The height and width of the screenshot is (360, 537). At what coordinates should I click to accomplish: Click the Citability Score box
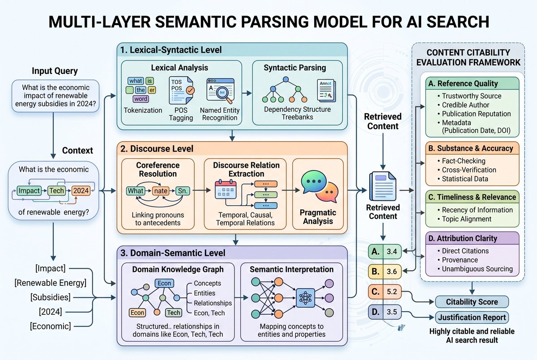click(x=472, y=302)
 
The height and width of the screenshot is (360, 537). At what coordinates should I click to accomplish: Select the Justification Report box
click(x=472, y=318)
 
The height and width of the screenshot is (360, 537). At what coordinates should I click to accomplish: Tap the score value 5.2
click(x=392, y=292)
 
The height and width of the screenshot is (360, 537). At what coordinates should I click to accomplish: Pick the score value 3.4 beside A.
click(x=392, y=251)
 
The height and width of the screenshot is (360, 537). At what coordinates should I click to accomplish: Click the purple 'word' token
click(x=141, y=99)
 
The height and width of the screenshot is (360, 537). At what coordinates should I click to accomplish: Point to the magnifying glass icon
click(x=224, y=94)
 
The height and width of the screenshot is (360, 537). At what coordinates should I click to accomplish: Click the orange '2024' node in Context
click(x=81, y=191)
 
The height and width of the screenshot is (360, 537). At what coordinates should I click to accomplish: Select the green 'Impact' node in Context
click(x=29, y=191)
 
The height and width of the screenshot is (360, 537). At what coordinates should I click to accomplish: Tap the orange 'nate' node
click(x=161, y=191)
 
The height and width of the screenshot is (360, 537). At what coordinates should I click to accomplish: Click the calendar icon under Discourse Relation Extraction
click(x=226, y=190)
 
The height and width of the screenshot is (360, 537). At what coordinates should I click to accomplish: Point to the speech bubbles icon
click(x=320, y=186)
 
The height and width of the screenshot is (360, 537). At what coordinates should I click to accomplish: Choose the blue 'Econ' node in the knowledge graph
click(x=164, y=283)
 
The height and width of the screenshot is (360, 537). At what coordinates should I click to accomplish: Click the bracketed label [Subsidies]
click(x=50, y=297)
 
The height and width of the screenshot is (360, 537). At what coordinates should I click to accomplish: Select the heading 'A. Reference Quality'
click(x=463, y=83)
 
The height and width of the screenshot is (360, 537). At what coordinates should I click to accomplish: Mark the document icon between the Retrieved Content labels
click(x=383, y=186)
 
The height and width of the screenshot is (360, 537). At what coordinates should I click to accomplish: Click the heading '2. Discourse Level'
click(x=157, y=149)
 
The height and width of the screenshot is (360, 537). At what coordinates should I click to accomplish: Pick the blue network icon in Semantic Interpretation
click(x=305, y=298)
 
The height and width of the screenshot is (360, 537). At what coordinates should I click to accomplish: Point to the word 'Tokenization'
click(x=143, y=110)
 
